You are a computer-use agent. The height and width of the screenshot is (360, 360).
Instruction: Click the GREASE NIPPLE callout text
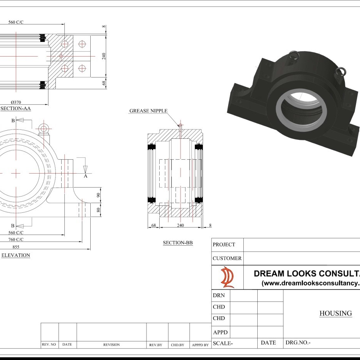pos(148,111)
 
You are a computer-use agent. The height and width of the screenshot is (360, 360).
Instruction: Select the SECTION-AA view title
pos(16,109)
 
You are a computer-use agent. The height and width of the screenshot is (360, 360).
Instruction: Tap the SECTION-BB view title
pos(178,243)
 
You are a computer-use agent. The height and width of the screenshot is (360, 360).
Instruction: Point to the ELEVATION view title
pos(16,255)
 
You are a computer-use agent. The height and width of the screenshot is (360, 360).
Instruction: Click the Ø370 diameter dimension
pos(16,102)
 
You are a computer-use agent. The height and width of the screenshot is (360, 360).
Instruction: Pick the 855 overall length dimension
pos(16,246)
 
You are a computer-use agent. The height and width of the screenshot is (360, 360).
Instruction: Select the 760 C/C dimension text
pos(16,239)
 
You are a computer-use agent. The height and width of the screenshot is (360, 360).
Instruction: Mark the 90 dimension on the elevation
pos(98,195)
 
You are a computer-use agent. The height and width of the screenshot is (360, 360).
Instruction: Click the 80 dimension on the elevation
pos(98,210)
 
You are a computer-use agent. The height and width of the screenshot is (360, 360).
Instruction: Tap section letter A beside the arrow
pos(86,176)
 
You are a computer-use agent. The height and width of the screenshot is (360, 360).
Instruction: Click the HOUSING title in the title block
pos(336,313)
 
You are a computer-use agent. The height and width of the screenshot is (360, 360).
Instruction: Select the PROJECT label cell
pos(224,245)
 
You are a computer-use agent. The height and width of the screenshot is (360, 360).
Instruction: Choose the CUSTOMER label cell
pos(227,258)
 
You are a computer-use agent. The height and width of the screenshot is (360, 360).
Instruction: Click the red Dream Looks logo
pos(227,277)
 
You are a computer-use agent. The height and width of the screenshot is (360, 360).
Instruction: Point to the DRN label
pos(219,296)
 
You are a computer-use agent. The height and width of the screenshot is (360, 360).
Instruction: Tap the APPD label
pos(220,332)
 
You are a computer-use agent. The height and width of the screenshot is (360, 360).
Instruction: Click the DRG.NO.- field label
pos(298,343)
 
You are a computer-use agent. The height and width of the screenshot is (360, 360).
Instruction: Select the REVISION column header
pos(111,344)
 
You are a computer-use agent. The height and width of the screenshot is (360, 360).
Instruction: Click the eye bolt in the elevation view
pos(43,129)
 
